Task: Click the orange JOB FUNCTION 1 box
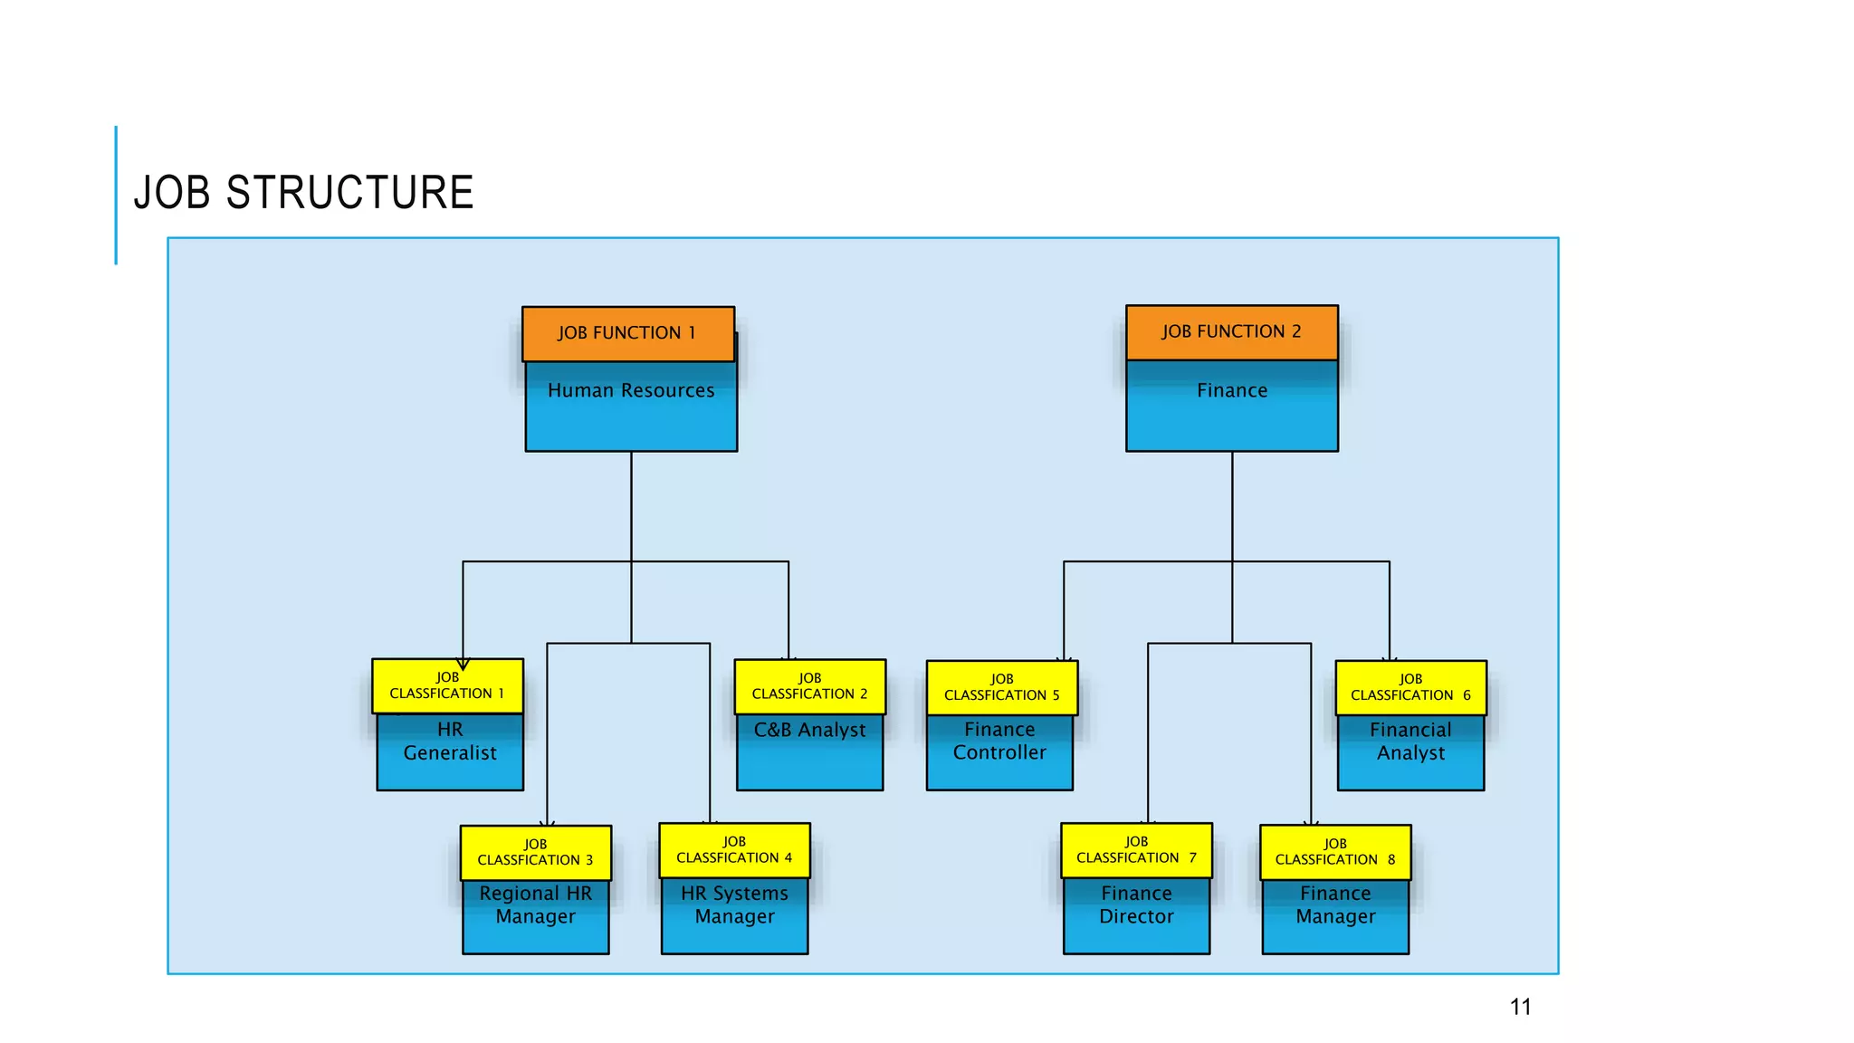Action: [x=627, y=333]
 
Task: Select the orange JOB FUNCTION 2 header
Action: [x=1231, y=332]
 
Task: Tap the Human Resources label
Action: [x=631, y=390]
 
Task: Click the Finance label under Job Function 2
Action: [x=1231, y=390]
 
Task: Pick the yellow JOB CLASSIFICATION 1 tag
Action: [x=447, y=686]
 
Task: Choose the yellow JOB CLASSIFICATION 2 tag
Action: [x=809, y=686]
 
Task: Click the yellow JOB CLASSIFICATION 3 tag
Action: [x=535, y=853]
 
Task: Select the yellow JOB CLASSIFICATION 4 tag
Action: [x=734, y=850]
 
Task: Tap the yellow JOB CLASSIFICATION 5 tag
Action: [x=1001, y=688]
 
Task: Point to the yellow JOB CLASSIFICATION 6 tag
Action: [x=1410, y=688]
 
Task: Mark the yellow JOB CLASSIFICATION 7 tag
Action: [x=1136, y=850]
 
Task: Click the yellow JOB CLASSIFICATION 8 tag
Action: [x=1335, y=852]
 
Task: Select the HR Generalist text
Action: [x=450, y=742]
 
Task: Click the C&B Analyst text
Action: [x=809, y=730]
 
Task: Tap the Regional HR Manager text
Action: [x=535, y=904]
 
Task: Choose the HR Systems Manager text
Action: [x=734, y=904]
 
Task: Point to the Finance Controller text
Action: [x=999, y=741]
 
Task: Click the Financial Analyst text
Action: [x=1410, y=742]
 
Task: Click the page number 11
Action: [x=1520, y=1007]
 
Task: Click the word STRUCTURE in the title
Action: [x=349, y=193]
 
